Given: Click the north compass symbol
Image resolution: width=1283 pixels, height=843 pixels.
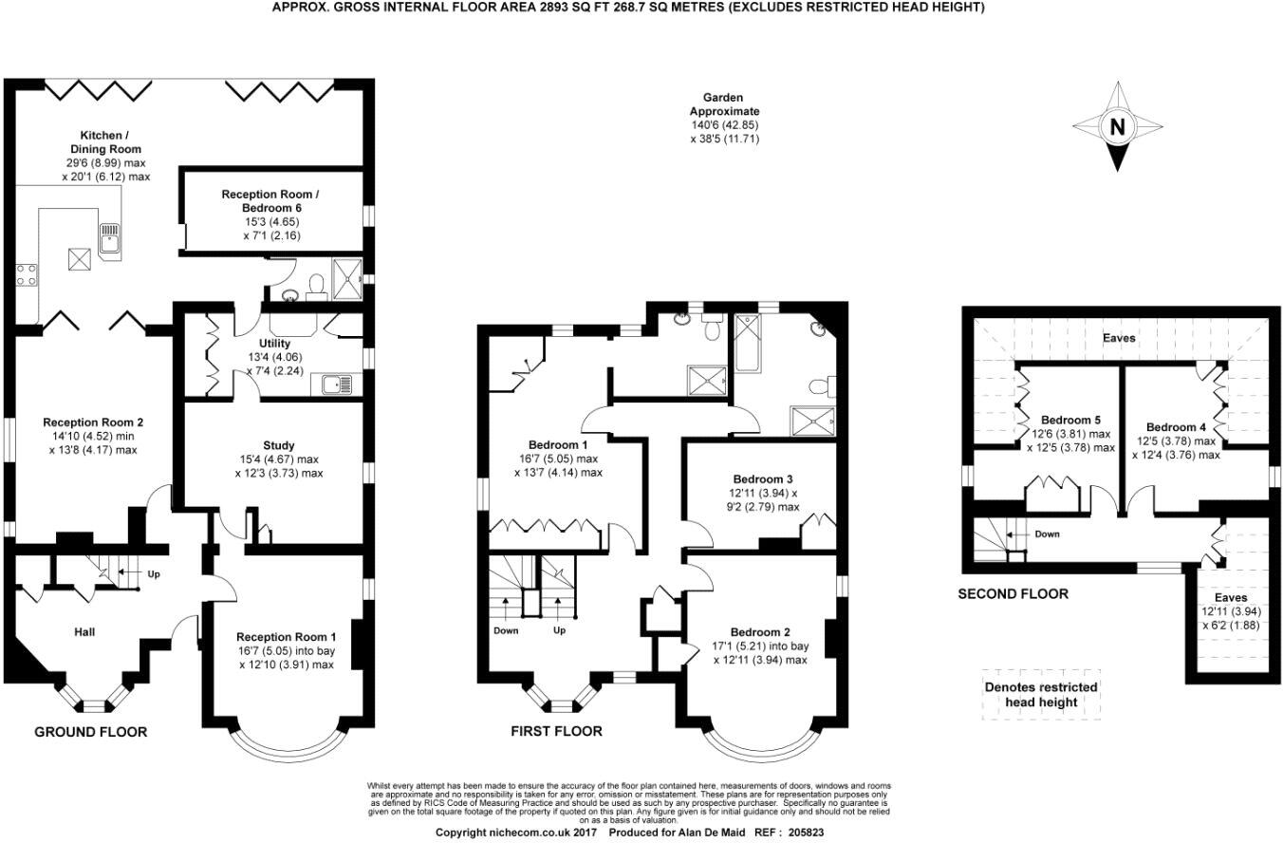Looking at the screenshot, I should (x=1117, y=126).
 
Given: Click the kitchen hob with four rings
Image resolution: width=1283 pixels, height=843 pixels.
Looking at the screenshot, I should (x=26, y=275).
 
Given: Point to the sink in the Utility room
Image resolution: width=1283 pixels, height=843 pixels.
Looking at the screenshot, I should (x=337, y=384).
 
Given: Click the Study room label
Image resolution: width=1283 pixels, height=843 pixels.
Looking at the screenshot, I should (x=278, y=445).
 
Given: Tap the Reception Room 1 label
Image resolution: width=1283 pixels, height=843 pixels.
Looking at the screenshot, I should (x=286, y=637).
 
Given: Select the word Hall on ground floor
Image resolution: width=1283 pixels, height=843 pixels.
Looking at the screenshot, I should (x=84, y=631).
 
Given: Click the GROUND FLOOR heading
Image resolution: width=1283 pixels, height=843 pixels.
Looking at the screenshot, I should (x=90, y=732).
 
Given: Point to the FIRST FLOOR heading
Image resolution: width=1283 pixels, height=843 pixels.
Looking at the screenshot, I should (x=556, y=732).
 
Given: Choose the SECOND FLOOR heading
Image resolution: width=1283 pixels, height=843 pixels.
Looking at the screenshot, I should (x=1013, y=594).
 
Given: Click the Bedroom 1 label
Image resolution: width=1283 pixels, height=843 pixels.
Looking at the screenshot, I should (x=558, y=444).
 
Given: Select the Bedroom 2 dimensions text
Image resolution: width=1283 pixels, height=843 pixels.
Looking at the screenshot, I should (x=760, y=653).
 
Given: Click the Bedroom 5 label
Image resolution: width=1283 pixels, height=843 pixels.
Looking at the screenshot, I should (x=1070, y=420).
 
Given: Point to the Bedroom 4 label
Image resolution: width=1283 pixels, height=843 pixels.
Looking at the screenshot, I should (x=1175, y=427).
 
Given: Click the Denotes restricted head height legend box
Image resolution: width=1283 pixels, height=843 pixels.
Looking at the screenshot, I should (x=1040, y=695).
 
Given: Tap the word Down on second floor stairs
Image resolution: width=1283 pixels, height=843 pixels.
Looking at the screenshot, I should (x=1047, y=534).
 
